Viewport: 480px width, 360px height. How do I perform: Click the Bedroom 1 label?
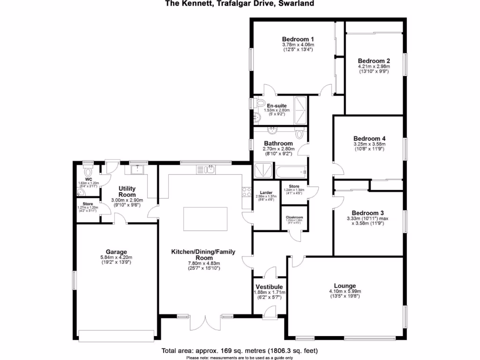coord(298,39)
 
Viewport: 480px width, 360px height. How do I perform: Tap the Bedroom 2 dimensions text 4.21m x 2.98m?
coord(374,67)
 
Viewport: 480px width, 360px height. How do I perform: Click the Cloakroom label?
coord(294,217)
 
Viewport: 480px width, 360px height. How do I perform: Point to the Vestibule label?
coord(269,286)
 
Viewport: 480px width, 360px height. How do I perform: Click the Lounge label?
coord(345,285)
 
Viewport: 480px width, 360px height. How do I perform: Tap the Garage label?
coord(116,252)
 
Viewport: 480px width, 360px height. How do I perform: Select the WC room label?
coord(88,179)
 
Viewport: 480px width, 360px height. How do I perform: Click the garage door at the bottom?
coord(116,336)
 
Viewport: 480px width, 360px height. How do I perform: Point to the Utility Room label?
coord(127,191)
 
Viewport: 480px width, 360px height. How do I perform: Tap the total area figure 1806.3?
coord(281,351)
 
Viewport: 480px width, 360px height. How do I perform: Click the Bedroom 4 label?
coord(369,139)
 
